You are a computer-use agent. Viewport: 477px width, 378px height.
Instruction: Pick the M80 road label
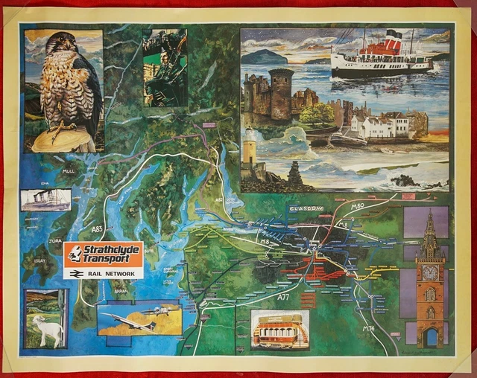pos(357,206)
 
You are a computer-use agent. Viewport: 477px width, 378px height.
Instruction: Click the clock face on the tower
pos(430,273)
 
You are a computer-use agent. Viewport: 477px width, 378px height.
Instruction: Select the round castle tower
pos(280,94)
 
